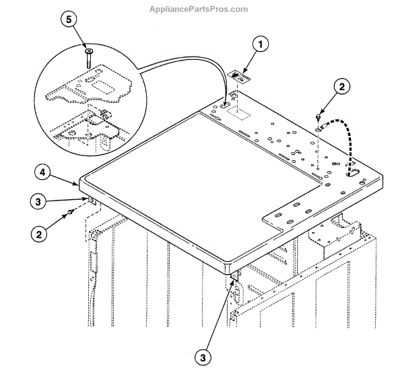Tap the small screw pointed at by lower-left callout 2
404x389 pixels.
pyautogui.click(x=69, y=213)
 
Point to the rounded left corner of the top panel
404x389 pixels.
pyautogui.click(x=82, y=180)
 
